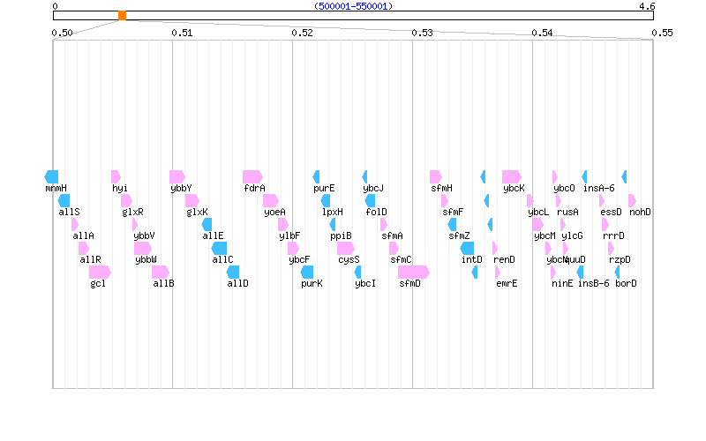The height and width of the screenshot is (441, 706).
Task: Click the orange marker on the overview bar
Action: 122,16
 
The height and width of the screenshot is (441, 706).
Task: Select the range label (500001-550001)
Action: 353,6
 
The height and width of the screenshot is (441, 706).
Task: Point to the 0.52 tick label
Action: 302,33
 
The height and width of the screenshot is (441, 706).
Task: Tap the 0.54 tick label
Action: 542,33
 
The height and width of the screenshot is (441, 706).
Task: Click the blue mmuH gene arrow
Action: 51,176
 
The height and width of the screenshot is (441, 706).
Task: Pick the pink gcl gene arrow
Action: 100,272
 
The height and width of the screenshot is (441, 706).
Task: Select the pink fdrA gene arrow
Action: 252,176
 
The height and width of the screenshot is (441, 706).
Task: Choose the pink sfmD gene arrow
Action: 413,272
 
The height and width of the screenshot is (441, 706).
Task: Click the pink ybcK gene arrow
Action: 512,176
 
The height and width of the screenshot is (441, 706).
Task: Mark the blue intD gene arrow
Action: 468,248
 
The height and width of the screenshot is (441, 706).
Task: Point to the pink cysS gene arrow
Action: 347,248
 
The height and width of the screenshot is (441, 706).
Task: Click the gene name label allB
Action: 163,283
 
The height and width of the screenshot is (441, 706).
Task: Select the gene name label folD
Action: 376,212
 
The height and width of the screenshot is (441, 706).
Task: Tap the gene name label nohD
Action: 640,212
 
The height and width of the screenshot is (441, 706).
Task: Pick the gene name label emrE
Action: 507,283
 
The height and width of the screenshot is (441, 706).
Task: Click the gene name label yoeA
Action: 274,212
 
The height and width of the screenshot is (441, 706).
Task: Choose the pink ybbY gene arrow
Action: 176,176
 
